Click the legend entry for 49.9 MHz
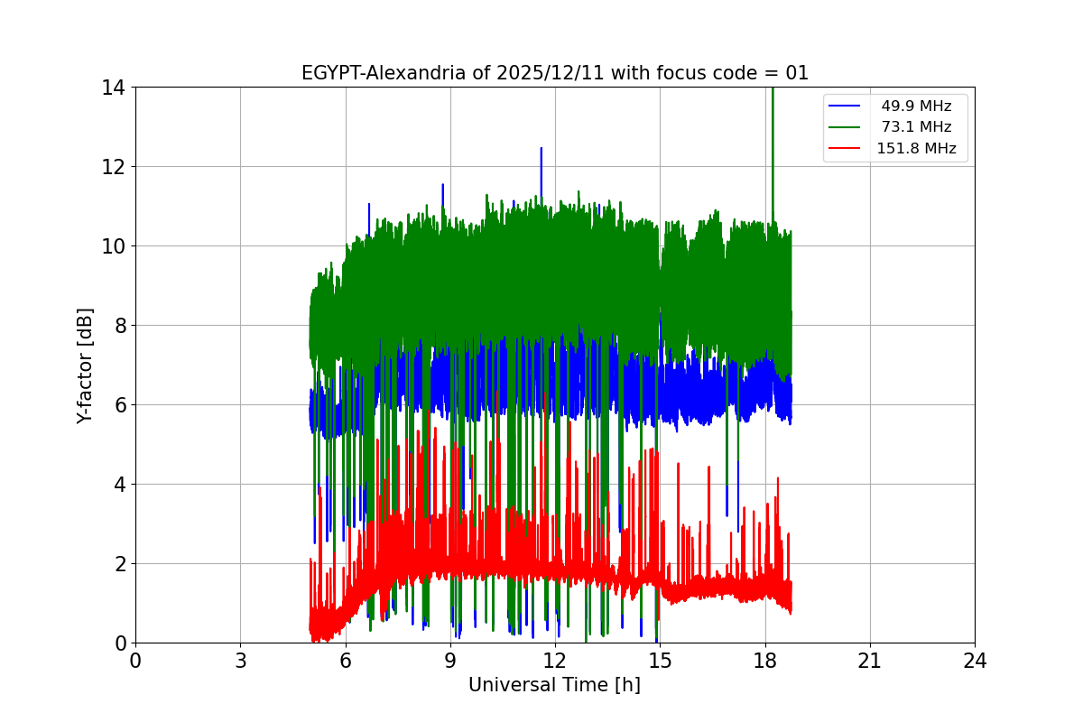[x=916, y=106]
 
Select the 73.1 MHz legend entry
[x=916, y=127]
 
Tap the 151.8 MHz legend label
[x=916, y=149]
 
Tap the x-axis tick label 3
[x=240, y=661]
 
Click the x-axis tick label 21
[x=870, y=661]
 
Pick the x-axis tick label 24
[x=975, y=661]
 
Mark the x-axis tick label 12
[x=555, y=661]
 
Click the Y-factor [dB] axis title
[x=85, y=365]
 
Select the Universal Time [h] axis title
[x=554, y=686]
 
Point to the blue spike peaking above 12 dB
[x=541, y=149]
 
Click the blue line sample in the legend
[x=847, y=106]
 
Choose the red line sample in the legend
[x=847, y=149]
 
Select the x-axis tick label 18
[x=765, y=661]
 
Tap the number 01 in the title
[x=797, y=73]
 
